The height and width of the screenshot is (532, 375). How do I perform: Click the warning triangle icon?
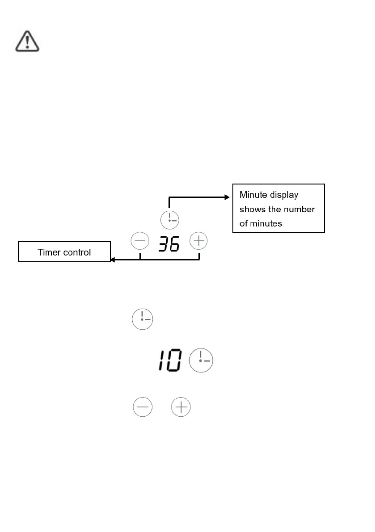tap(27, 42)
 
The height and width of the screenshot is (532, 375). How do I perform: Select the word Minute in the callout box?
tap(253, 195)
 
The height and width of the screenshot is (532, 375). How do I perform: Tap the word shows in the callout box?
tap(251, 209)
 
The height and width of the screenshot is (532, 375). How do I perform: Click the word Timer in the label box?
tap(49, 252)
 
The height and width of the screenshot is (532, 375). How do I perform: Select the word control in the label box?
tap(77, 252)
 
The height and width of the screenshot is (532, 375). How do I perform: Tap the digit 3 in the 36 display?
tap(164, 243)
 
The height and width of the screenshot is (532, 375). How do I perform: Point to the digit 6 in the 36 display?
tap(174, 243)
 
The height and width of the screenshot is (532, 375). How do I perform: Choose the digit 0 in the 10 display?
tap(174, 360)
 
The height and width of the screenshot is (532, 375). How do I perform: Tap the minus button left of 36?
tap(140, 242)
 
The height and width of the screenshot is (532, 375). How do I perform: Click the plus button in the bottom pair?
tap(181, 408)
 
